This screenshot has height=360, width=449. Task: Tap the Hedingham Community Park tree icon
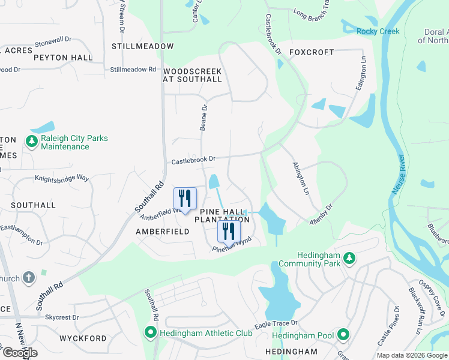349,258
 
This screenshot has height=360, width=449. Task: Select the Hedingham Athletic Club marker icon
151,332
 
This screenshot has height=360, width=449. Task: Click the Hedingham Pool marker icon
343,334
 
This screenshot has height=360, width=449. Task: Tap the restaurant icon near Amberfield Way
185,198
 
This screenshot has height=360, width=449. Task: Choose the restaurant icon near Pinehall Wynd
229,230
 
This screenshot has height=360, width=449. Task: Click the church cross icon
28,277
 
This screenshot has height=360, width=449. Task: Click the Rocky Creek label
378,31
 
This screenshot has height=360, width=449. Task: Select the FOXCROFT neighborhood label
311,52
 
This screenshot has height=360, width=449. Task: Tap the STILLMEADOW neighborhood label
142,46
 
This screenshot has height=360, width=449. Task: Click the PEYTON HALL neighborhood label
63,58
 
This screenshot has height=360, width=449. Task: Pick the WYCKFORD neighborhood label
83,338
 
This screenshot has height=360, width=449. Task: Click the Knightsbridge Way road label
61,178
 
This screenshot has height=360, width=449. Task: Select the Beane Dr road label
203,117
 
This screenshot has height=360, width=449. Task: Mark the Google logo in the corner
19,353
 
